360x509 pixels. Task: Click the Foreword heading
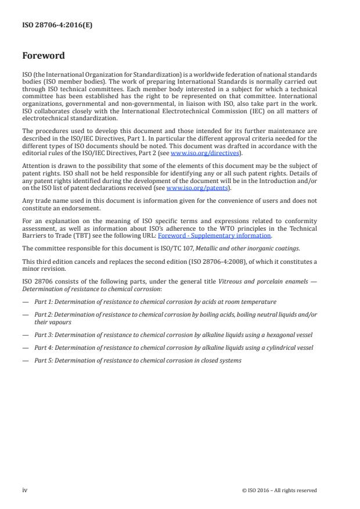(43, 56)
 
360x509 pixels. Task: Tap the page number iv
(25, 490)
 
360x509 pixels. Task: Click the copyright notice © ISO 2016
(279, 490)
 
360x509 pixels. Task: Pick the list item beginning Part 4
(174, 347)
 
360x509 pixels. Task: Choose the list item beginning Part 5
(138, 360)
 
